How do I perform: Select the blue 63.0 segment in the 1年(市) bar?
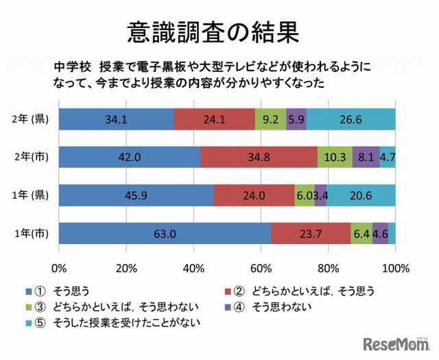[x=165, y=233]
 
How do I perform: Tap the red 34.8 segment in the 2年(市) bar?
[x=259, y=156]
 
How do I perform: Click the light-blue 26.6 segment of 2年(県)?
[x=351, y=119]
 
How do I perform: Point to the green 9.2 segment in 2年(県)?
[x=270, y=119]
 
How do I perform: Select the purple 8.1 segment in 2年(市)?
[x=366, y=156]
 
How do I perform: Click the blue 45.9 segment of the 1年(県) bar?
[x=136, y=195]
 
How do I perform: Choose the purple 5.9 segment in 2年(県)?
[x=296, y=119]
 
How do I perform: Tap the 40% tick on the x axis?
[x=193, y=267]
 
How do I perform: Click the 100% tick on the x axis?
[x=394, y=267]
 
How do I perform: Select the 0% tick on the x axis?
[x=59, y=267]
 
